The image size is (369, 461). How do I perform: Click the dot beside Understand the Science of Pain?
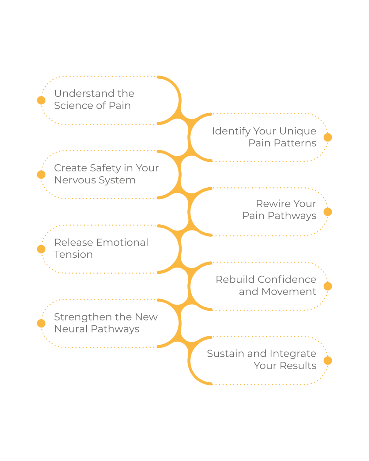pos(41,100)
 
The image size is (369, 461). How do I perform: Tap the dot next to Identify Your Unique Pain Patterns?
pos(328,137)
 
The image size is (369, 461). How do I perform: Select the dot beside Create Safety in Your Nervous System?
pos(41,174)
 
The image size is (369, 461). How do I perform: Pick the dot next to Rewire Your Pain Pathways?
pos(328,212)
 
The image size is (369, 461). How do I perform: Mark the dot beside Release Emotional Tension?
pos(41,249)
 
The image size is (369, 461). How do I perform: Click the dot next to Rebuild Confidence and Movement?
pos(328,286)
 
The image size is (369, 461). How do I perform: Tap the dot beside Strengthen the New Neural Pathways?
pos(41,323)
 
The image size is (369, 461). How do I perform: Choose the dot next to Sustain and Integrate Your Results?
pos(328,361)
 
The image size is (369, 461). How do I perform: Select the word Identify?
pos(231,131)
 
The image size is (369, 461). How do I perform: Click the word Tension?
pos(73,255)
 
